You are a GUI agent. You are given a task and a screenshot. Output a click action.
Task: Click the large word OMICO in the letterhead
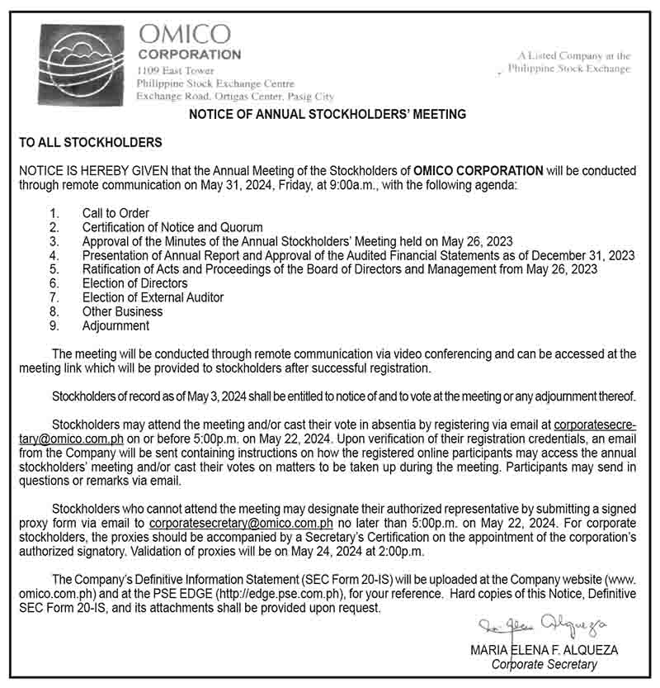184,34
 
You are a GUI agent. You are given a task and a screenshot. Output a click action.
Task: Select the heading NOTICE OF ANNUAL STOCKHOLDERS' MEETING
328,114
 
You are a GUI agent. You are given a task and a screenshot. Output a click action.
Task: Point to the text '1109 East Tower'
170,71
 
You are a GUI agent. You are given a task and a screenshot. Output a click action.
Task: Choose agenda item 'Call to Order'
115,213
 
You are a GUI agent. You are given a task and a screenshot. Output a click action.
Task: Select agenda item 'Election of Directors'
134,283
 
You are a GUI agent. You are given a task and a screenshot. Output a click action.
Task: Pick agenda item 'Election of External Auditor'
153,297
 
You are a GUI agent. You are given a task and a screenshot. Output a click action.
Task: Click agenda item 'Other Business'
122,311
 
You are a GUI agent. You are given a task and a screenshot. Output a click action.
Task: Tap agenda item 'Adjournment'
115,325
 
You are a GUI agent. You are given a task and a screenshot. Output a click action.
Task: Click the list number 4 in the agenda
54,255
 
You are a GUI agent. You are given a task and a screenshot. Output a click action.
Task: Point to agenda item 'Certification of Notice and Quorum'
172,227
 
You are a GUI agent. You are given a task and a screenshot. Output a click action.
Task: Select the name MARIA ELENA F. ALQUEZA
544,650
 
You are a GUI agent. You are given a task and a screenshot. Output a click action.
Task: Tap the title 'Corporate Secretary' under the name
544,664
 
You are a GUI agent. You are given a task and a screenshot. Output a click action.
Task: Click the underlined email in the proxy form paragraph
241,523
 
